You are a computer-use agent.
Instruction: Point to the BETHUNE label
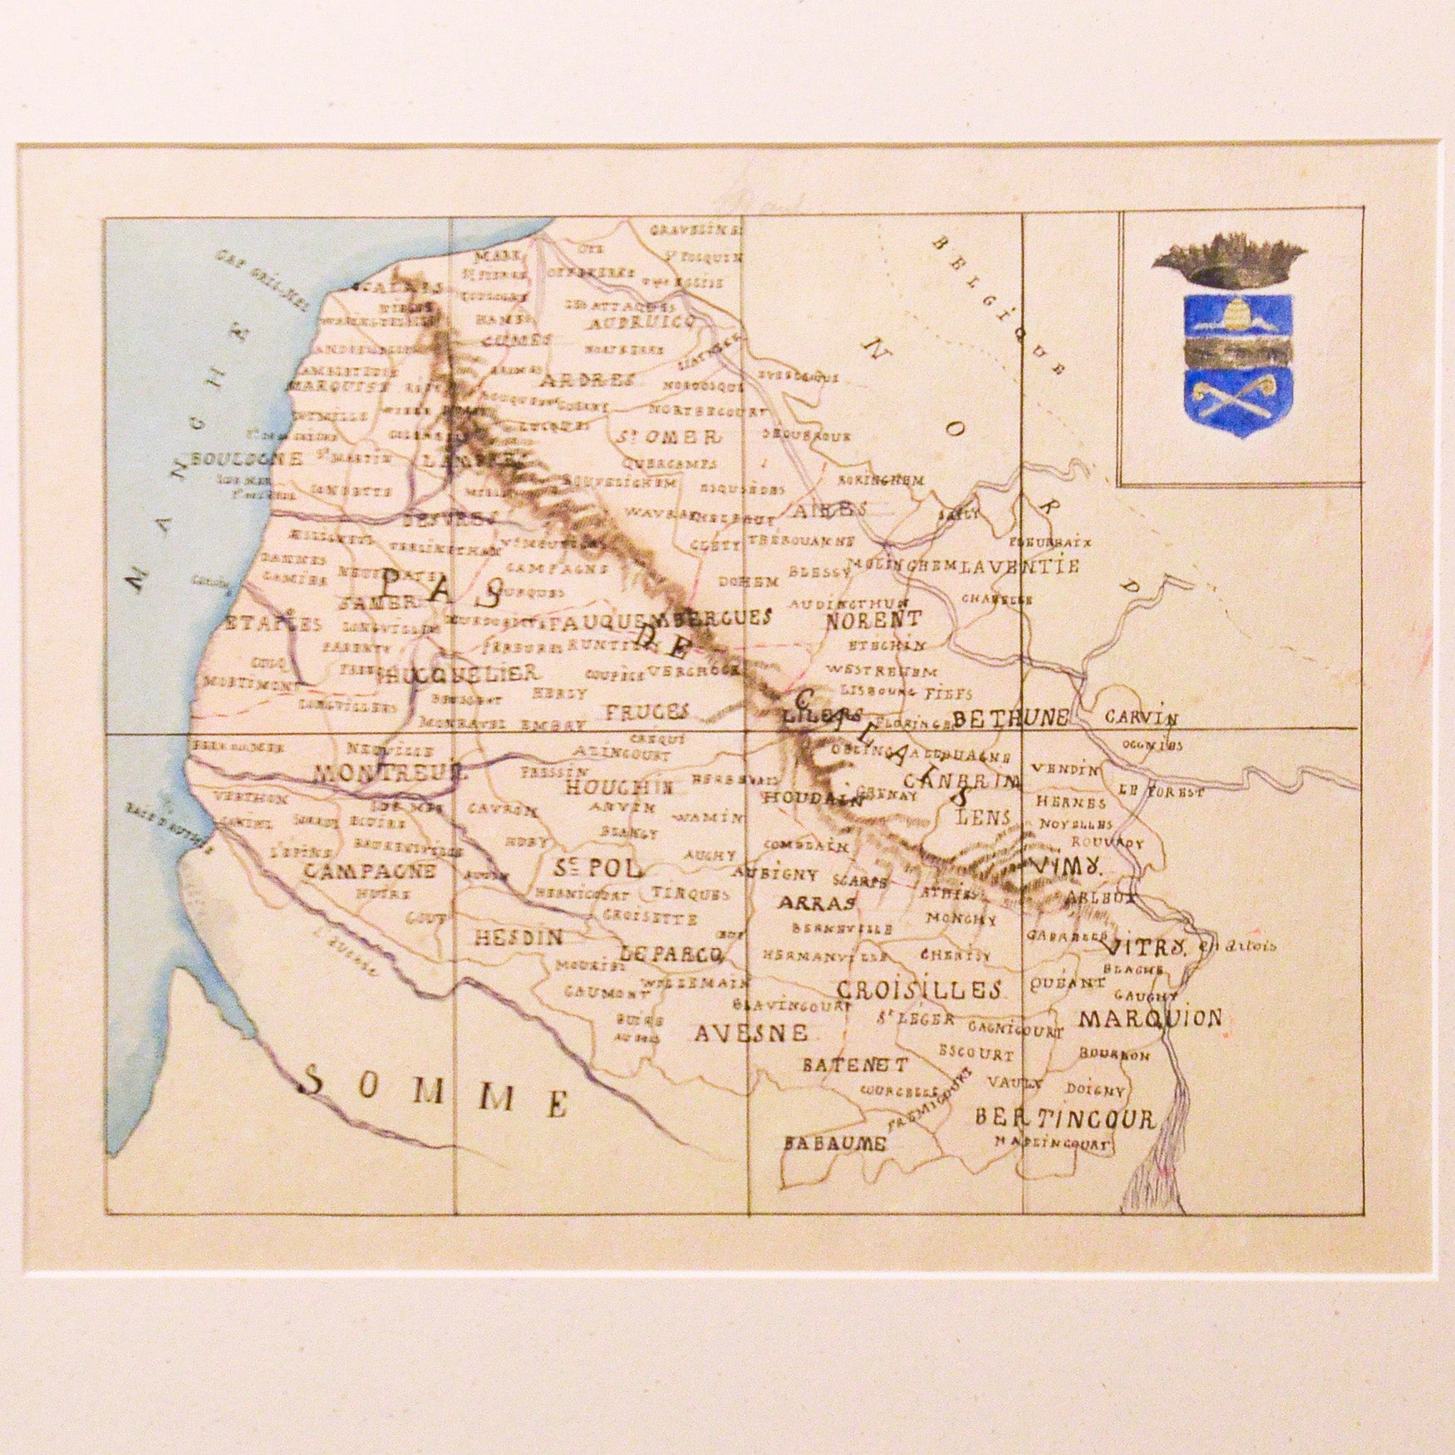coord(1010,719)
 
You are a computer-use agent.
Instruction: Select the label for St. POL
coord(597,869)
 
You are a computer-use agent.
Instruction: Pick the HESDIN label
coord(519,937)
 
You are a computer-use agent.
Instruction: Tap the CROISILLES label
coord(918,990)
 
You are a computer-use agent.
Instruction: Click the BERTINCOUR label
coord(1064,1119)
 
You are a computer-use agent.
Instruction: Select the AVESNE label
coord(750,1033)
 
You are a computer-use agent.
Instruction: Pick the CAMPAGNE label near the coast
coord(369,871)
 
